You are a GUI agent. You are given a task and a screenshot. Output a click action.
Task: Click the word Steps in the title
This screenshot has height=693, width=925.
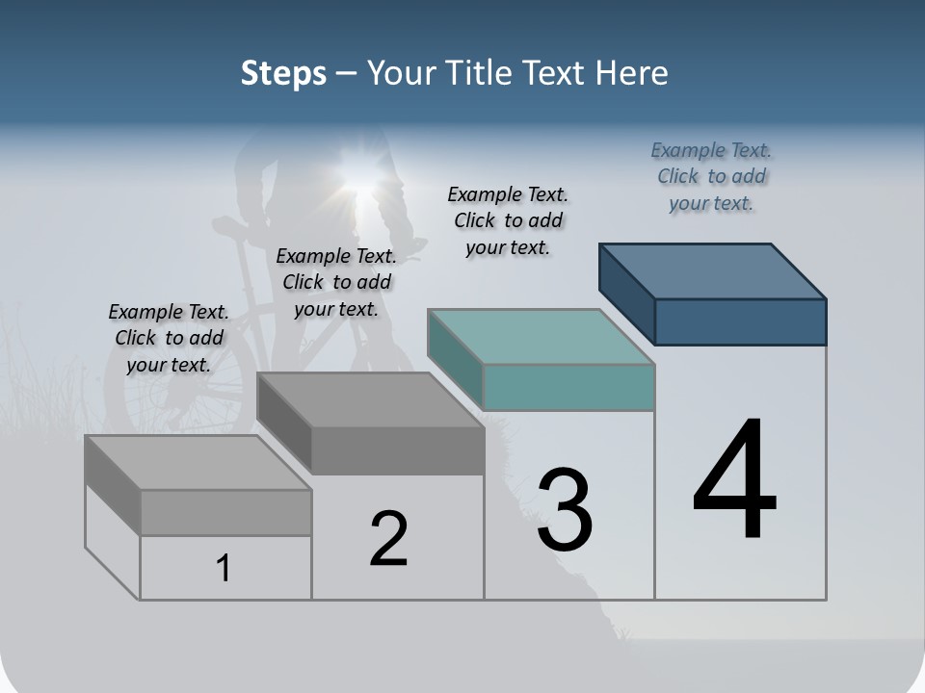tap(283, 73)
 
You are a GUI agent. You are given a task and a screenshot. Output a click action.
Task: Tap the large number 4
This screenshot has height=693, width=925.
tap(734, 480)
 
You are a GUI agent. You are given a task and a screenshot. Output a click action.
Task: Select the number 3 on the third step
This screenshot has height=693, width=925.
tap(565, 511)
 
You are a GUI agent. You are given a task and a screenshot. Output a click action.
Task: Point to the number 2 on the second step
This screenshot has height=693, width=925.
tap(388, 539)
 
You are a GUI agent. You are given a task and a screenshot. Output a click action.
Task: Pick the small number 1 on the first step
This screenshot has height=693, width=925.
tap(224, 569)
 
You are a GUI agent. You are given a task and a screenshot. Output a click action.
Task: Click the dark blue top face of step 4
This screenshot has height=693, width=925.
tap(713, 270)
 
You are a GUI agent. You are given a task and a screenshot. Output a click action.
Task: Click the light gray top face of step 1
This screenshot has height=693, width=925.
tap(198, 463)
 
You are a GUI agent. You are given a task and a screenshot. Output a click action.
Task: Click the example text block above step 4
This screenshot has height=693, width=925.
tap(711, 177)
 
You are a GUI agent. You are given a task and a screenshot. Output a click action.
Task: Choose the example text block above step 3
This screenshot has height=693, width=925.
tap(508, 220)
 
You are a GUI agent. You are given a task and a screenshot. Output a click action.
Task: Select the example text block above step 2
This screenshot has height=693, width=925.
tap(336, 282)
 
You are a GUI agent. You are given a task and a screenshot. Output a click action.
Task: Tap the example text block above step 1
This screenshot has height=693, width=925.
tap(169, 338)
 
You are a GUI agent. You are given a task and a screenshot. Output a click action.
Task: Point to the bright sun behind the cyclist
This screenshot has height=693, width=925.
tap(360, 174)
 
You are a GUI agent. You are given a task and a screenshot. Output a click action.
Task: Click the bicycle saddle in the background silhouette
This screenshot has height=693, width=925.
tap(231, 225)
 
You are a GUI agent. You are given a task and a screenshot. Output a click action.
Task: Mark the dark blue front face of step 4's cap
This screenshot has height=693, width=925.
tap(740, 321)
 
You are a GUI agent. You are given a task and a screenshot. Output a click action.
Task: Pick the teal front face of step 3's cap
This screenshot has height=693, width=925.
tap(568, 387)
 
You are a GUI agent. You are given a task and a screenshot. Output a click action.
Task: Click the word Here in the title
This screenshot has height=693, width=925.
tap(633, 73)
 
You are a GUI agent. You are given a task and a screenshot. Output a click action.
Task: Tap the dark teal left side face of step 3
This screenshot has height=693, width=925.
tap(455, 357)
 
